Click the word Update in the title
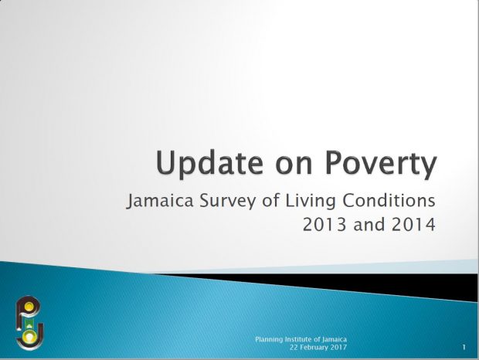click(209, 163)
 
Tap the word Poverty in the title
click(381, 163)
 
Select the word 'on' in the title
click(294, 166)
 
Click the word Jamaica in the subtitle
click(160, 201)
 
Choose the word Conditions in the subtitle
click(389, 201)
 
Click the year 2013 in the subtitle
click(324, 225)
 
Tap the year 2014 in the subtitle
click(413, 225)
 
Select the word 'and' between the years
click(369, 225)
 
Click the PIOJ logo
click(29, 323)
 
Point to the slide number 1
click(464, 347)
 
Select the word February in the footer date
click(314, 347)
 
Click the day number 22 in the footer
click(294, 347)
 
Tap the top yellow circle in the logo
click(29, 306)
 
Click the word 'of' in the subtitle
click(270, 201)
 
